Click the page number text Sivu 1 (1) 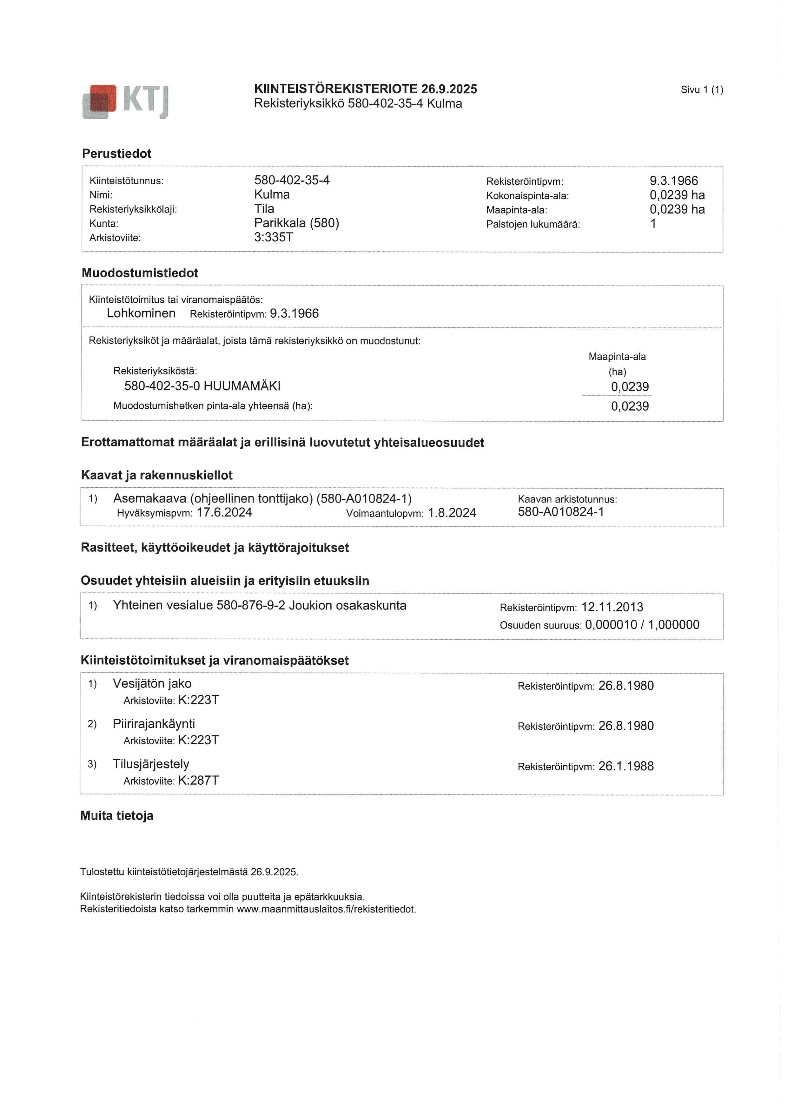pyautogui.click(x=701, y=90)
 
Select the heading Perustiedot pyautogui.click(x=116, y=154)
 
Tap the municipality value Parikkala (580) pyautogui.click(x=296, y=223)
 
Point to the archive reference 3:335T pyautogui.click(x=274, y=237)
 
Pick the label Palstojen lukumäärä pyautogui.click(x=532, y=224)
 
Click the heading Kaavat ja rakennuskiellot pyautogui.click(x=157, y=475)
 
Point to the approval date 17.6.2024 pyautogui.click(x=224, y=513)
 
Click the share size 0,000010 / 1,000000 pyautogui.click(x=642, y=625)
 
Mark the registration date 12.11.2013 pyautogui.click(x=612, y=607)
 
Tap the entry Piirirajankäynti pyautogui.click(x=154, y=724)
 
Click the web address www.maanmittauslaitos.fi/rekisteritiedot pyautogui.click(x=326, y=909)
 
